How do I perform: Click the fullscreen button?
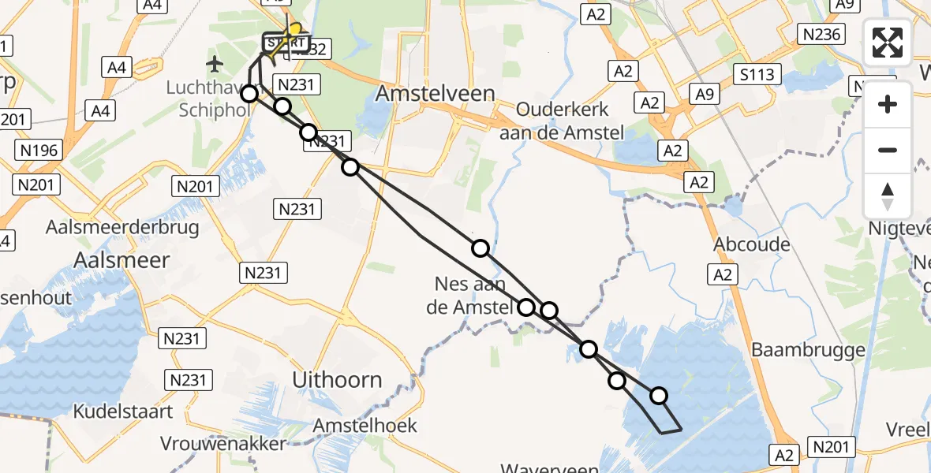point(888,43)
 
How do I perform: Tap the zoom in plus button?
point(888,104)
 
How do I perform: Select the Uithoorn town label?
point(337,379)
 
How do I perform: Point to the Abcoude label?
point(752,244)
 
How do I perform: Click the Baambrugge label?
point(809,349)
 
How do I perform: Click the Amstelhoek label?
point(365,426)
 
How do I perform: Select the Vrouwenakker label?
point(223,444)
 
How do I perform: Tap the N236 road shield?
point(821,34)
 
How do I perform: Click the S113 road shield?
point(757,75)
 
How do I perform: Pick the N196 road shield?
point(37,147)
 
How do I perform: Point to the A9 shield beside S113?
point(704,95)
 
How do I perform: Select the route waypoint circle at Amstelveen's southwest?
point(350,166)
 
